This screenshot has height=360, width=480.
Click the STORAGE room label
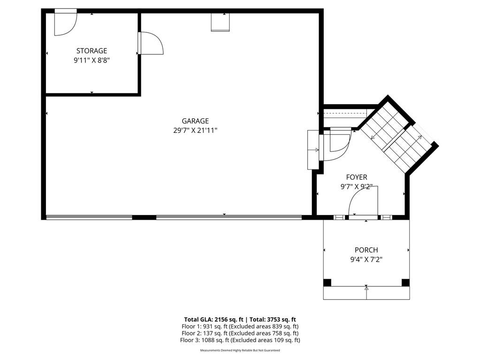pos(91,51)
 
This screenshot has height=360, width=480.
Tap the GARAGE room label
pos(195,121)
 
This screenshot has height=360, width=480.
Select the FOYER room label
pos(357,177)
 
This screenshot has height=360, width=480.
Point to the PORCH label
pos(366,250)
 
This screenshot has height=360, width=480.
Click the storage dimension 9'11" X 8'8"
pos(91,60)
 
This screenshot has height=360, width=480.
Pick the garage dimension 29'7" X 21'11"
pos(195,130)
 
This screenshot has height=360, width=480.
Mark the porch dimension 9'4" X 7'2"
pos(366,259)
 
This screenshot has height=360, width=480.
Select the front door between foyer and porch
pos(363,202)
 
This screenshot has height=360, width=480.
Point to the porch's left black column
pos(327,283)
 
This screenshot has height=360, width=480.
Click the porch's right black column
pos(405,283)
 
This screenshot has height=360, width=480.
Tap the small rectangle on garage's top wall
pos(220,22)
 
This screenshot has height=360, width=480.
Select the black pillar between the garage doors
pos(144,217)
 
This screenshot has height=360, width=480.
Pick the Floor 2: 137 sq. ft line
pos(240,333)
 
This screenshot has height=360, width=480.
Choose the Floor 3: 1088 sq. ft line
pos(240,340)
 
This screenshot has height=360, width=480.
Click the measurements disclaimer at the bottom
pos(240,351)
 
